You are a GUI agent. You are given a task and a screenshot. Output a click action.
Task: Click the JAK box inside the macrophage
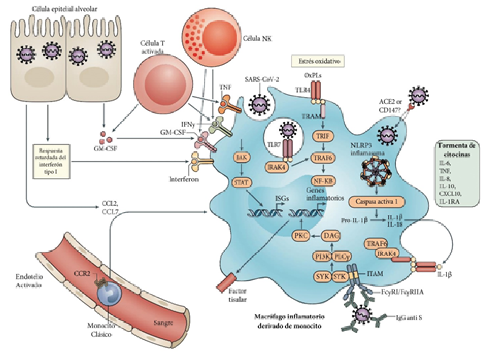[241, 158]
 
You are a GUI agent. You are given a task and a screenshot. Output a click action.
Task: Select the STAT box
[241, 182]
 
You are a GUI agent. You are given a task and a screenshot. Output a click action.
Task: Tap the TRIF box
[323, 136]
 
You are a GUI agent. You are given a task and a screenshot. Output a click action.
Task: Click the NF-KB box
[323, 181]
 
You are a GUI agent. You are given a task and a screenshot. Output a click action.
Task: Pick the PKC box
[301, 236]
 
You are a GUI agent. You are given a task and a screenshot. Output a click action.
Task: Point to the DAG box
[331, 236]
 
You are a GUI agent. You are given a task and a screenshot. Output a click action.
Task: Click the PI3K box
[322, 257]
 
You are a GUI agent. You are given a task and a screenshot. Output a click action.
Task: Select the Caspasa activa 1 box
[376, 202]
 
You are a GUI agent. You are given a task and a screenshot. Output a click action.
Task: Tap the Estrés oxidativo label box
[319, 61]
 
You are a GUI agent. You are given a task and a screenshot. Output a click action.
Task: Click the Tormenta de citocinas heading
[456, 150]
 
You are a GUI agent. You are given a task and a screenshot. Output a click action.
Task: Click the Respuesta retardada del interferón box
[51, 161]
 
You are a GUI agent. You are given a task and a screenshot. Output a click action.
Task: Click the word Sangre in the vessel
[163, 323]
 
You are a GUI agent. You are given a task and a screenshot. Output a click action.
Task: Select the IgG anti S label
[409, 317]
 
